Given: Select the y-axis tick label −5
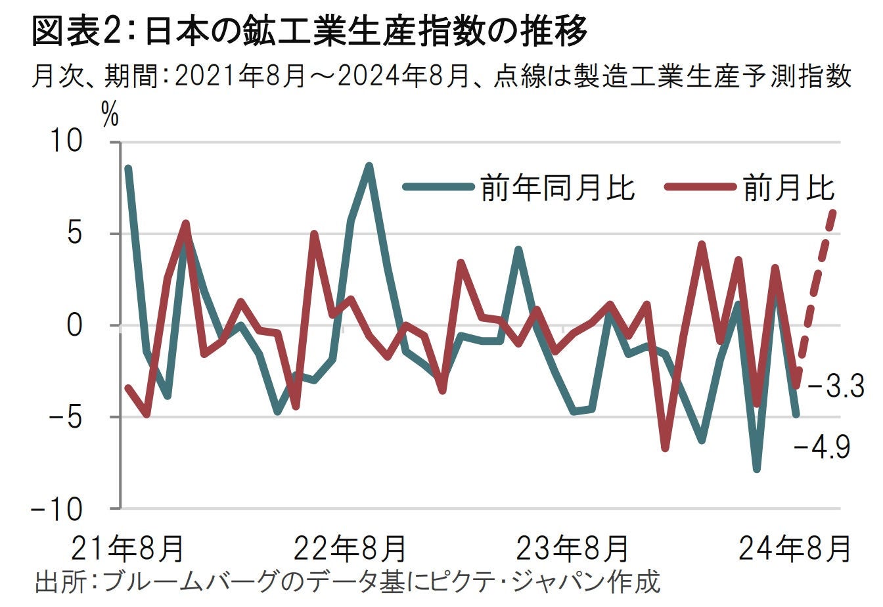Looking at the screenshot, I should [x=79, y=417].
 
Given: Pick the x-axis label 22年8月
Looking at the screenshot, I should [x=350, y=547].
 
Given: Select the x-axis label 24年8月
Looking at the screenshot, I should [x=793, y=547].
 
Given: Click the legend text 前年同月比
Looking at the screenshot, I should [x=557, y=187].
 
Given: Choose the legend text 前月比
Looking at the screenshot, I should [x=789, y=187].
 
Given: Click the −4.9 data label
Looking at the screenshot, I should [x=822, y=449].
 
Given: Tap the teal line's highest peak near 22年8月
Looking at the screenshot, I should [x=369, y=166].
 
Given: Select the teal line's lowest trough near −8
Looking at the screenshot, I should [x=757, y=469].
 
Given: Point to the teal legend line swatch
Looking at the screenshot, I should [x=438, y=187].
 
